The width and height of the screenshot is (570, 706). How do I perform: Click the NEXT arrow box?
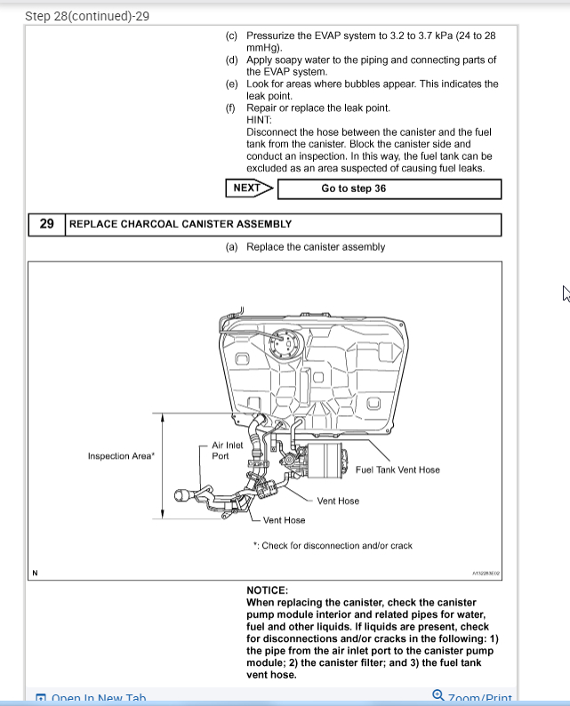pos(248,189)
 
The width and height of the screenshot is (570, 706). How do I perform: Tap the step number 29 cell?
pos(46,224)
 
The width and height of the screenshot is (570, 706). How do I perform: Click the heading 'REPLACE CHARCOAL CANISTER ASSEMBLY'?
pos(181,224)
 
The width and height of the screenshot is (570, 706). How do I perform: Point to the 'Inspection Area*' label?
pos(121,456)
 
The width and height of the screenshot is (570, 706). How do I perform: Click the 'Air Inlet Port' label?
pos(227,451)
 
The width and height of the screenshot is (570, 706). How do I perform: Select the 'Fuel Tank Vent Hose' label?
pos(397,469)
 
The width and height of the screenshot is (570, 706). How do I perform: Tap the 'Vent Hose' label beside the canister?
pos(338,501)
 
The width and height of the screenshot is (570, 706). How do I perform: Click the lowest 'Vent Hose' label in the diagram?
pos(284,520)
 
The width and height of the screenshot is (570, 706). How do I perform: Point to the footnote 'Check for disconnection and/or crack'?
pos(333,546)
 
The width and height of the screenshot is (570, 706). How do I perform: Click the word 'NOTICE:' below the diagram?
pos(267,590)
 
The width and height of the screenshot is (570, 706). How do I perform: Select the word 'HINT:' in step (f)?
pos(260,120)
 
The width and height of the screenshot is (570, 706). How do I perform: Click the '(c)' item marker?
pos(232,36)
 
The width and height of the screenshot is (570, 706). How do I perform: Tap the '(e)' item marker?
pos(232,84)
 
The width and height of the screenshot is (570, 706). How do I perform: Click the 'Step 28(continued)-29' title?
pos(87,16)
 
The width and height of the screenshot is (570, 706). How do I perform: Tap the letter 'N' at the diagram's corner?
pos(35,573)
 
